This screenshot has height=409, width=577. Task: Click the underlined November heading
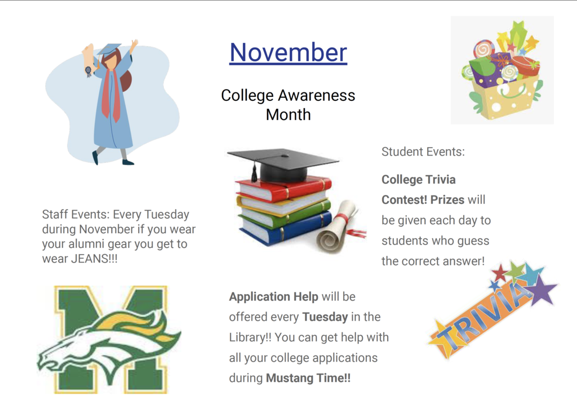tap(288, 52)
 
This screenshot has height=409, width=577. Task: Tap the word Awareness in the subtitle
tap(317, 95)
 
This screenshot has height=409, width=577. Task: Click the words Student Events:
tap(423, 152)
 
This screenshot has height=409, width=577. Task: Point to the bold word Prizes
tap(447, 200)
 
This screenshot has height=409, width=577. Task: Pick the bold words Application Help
tap(273, 296)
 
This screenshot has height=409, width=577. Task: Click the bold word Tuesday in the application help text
tap(325, 317)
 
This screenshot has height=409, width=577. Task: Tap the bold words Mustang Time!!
tap(308, 378)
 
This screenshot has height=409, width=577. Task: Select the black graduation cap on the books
tap(283, 164)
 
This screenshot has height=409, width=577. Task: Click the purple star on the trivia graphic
tap(544, 289)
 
